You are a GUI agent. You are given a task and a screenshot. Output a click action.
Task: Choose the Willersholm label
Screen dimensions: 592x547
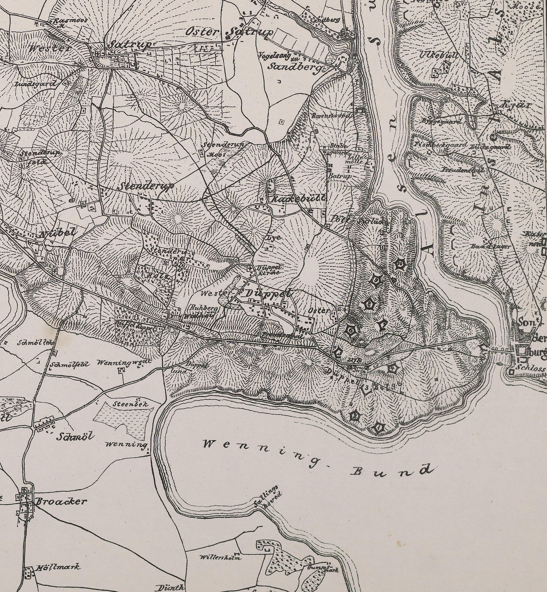tap(221, 557)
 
